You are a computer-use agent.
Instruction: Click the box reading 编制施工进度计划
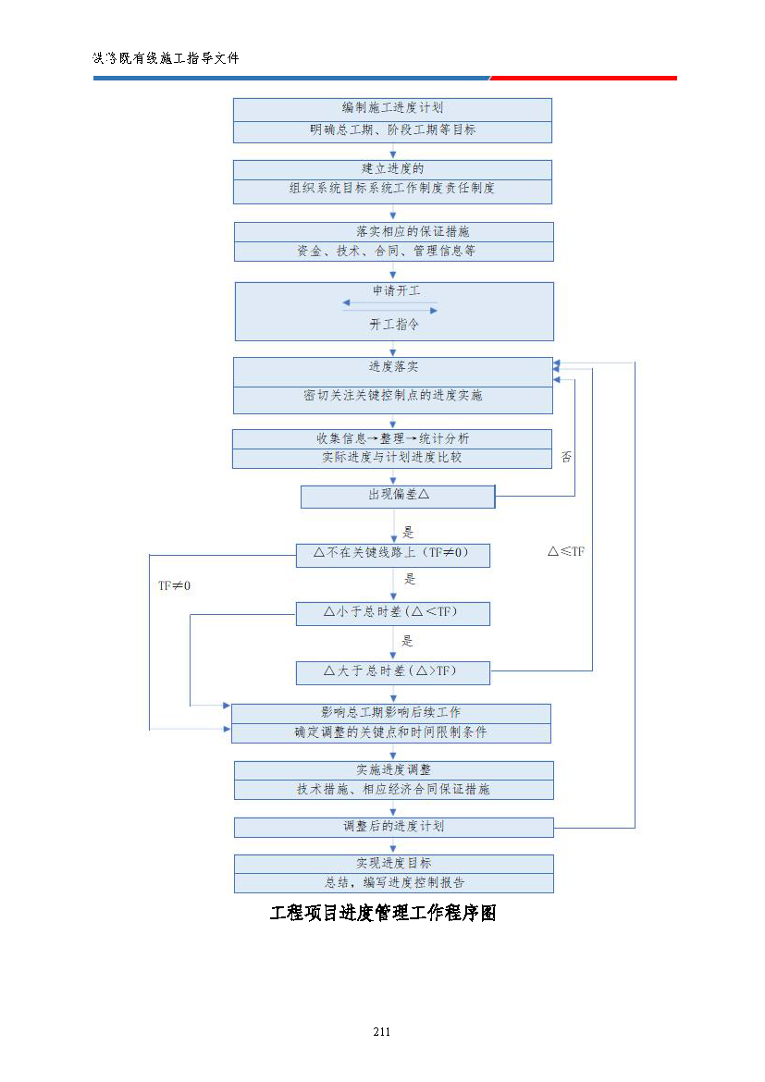pyautogui.click(x=392, y=108)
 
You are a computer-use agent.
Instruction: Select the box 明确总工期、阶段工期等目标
pyautogui.click(x=392, y=130)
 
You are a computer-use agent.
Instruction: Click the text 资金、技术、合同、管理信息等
pyautogui.click(x=393, y=251)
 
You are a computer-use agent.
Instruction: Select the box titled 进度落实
pyautogui.click(x=393, y=368)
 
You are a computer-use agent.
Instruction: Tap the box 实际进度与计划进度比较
pyautogui.click(x=392, y=458)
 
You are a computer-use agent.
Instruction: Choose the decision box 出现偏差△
pyautogui.click(x=398, y=496)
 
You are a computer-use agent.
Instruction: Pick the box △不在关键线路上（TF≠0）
pyautogui.click(x=392, y=554)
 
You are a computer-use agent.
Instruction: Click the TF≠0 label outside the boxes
pyautogui.click(x=174, y=585)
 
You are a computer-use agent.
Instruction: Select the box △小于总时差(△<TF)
pyautogui.click(x=392, y=612)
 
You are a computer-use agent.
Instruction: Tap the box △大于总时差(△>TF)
pyautogui.click(x=392, y=671)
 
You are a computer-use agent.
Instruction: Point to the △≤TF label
pyautogui.click(x=565, y=551)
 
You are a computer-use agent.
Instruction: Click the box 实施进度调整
pyautogui.click(x=393, y=769)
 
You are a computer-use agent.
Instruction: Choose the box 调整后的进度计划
pyautogui.click(x=393, y=826)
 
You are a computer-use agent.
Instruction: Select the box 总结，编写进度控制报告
pyautogui.click(x=393, y=883)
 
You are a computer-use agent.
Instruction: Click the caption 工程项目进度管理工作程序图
pyautogui.click(x=383, y=914)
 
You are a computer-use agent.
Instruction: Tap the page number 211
pyautogui.click(x=381, y=1031)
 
